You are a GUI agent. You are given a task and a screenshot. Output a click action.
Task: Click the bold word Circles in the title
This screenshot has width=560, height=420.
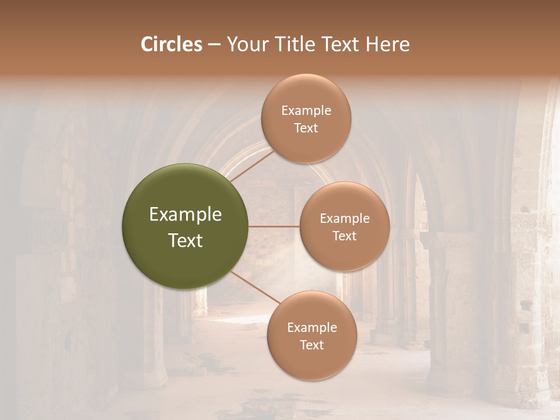point(171,44)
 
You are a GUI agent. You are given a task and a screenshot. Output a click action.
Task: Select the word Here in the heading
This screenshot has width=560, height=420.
point(387,44)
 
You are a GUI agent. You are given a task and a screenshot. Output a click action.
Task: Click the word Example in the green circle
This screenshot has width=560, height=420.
point(185,215)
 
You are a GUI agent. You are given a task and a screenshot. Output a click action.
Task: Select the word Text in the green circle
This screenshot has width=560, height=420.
point(185,240)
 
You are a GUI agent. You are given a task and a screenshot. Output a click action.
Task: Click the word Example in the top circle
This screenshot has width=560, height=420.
point(306,111)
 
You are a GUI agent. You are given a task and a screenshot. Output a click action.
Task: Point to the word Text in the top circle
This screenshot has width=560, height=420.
point(306,128)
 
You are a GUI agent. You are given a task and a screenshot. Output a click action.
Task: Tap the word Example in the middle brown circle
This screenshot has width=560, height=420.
point(345,219)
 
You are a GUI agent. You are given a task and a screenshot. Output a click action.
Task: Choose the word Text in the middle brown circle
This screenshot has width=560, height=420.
point(345,236)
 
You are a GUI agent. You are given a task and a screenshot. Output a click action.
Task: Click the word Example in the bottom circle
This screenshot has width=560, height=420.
point(312,328)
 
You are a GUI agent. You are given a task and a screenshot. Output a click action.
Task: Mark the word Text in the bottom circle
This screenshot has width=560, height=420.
point(312,345)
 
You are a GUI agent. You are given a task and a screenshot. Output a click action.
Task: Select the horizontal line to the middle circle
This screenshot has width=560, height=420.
point(274,226)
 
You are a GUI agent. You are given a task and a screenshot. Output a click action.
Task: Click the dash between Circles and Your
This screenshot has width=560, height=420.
point(214,45)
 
